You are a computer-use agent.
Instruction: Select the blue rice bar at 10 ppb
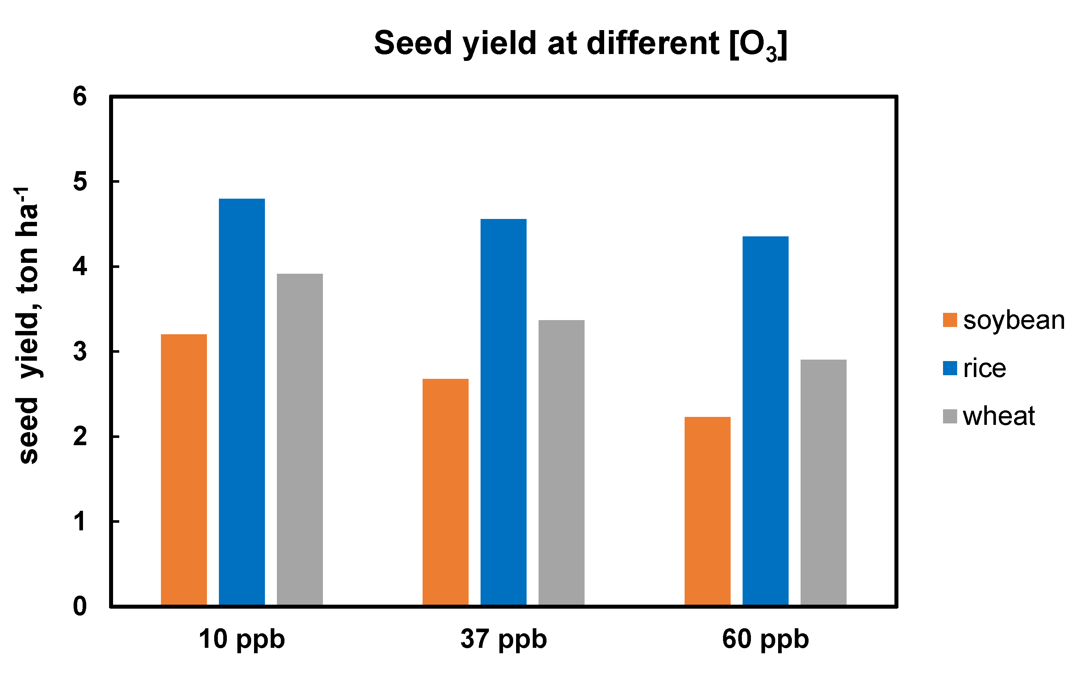pyautogui.click(x=241, y=402)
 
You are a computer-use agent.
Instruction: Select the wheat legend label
pyautogui.click(x=999, y=416)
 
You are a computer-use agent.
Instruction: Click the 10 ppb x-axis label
pyautogui.click(x=241, y=639)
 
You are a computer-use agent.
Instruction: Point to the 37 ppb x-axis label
pyautogui.click(x=503, y=639)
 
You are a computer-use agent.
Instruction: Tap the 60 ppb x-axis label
pyautogui.click(x=765, y=639)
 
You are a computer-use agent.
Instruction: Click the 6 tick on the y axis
pyautogui.click(x=80, y=96)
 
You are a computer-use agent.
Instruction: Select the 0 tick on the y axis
pyautogui.click(x=80, y=606)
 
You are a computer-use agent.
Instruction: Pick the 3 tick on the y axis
pyautogui.click(x=80, y=352)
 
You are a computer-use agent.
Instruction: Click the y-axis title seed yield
pyautogui.click(x=28, y=326)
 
